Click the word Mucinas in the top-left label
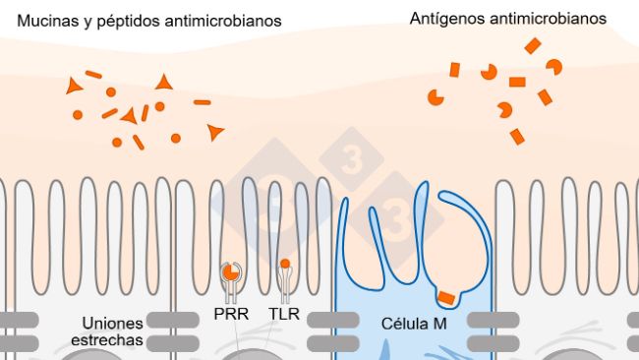coord(46,20)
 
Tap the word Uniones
coord(111,323)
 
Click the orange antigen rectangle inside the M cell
coord(445,297)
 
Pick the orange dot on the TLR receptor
coord(285,264)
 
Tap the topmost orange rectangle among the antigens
coord(532,45)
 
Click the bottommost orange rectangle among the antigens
coord(517,137)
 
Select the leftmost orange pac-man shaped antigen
coord(434,96)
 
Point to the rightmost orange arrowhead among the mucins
coord(214,131)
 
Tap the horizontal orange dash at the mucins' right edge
coord(202,102)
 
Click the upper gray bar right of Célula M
coord(493,320)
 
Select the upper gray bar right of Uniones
coord(170,320)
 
